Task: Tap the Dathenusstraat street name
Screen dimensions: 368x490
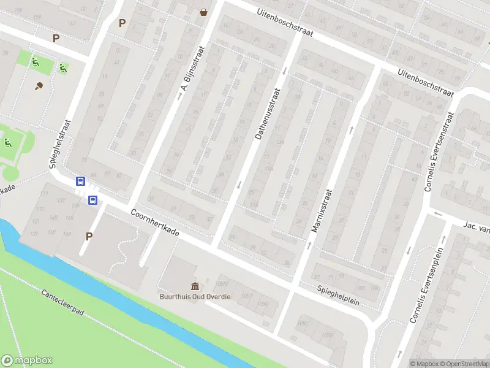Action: [x=267, y=114]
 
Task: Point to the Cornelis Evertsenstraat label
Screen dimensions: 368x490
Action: [x=439, y=151]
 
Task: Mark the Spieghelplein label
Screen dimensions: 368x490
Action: [x=338, y=295]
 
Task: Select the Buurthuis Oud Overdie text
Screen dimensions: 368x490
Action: [x=195, y=297]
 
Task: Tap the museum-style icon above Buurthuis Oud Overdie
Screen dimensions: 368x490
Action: [x=195, y=286]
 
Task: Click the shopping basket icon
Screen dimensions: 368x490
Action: [x=203, y=11]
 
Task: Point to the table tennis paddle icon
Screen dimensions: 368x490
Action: [x=39, y=86]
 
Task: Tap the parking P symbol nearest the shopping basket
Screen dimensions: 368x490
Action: [x=122, y=23]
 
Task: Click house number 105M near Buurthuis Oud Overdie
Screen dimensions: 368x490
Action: [x=222, y=283]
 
